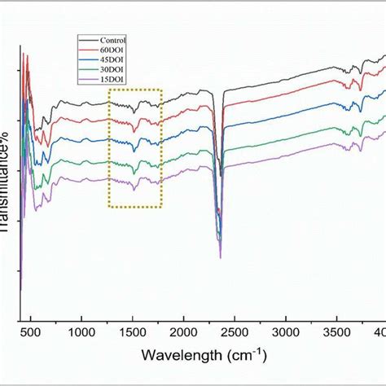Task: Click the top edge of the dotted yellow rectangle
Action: (135, 90)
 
